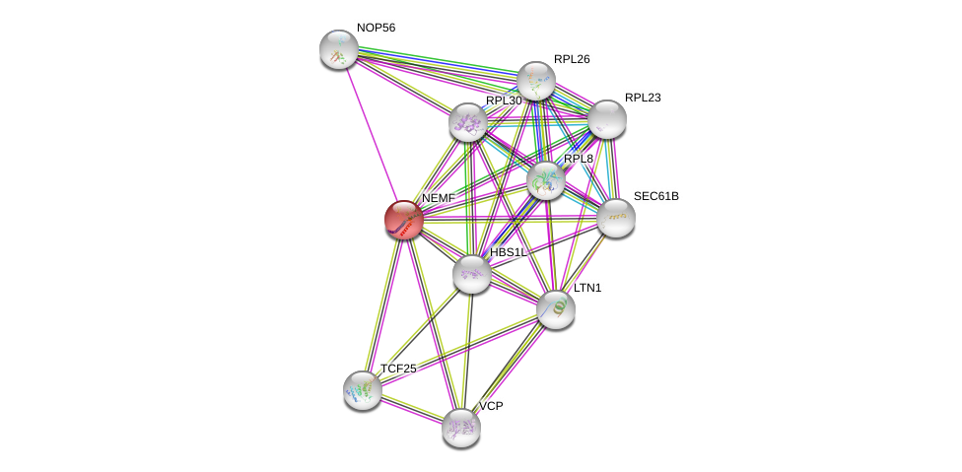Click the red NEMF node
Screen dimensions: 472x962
[x=403, y=219]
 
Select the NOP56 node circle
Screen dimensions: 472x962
[x=339, y=49]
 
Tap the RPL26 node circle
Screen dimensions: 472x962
[x=536, y=81]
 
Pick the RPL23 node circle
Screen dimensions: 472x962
[x=607, y=119]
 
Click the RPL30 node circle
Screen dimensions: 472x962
[x=468, y=123]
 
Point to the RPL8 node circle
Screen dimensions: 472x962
[x=545, y=180]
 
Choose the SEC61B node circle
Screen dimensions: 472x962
[x=616, y=218]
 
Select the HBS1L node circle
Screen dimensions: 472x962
[x=472, y=274]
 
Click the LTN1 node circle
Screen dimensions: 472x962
[x=556, y=309]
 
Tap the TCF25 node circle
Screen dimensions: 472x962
[x=363, y=389]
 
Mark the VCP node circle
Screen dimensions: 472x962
[x=461, y=428]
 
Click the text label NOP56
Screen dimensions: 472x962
[x=376, y=28]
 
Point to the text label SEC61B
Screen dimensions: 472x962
[x=655, y=196]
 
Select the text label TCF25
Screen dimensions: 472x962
[x=398, y=369]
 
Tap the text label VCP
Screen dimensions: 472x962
[x=491, y=406]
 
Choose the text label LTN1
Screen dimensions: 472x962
[x=587, y=288]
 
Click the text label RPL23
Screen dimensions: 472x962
[x=643, y=98]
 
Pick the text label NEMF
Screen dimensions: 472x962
[x=439, y=198]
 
